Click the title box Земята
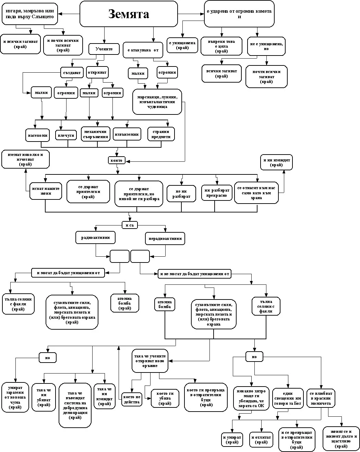point(129,14)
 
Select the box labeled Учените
point(104,49)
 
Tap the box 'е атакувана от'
point(142,50)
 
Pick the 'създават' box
point(72,72)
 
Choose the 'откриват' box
point(97,72)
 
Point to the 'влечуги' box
point(66,135)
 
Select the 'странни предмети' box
point(161,134)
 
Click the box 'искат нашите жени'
point(46,191)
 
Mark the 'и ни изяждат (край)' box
point(276,162)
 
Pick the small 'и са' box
point(130,225)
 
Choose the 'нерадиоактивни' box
point(165,239)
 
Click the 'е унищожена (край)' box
point(182,45)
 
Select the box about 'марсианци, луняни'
point(157,101)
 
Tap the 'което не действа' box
point(132,399)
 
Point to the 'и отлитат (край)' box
point(261,440)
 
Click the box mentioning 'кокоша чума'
point(15,397)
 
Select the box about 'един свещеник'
point(288,399)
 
